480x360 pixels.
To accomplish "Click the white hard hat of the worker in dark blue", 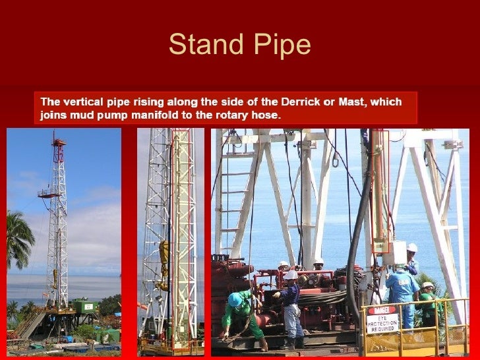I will (290, 275).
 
